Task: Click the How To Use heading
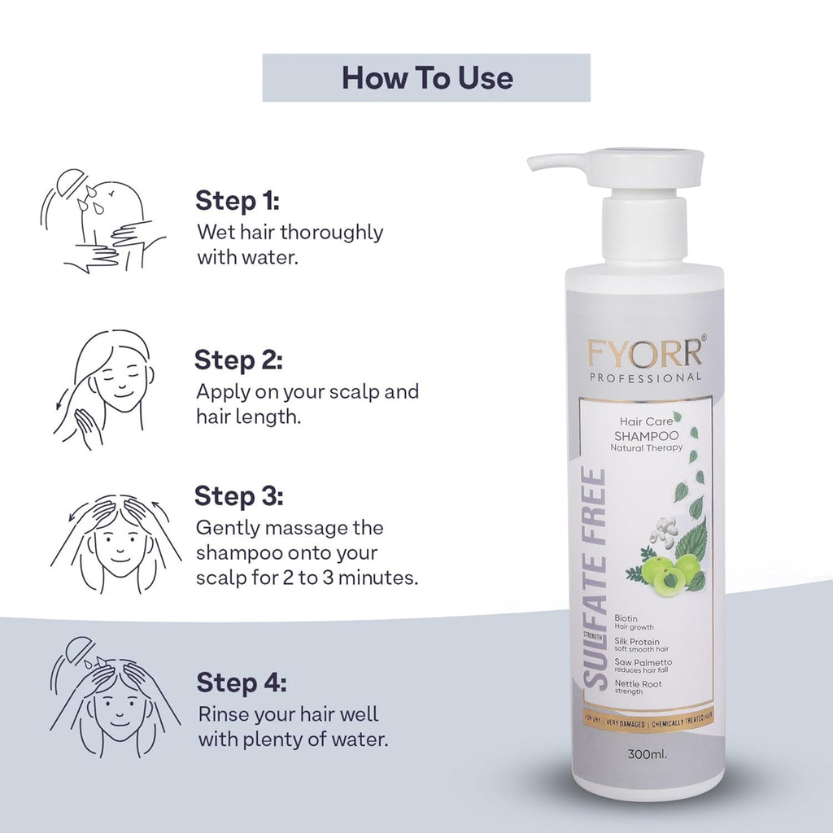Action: pos(426,78)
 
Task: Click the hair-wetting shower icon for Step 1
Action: pos(101,220)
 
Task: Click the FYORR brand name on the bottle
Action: pos(642,354)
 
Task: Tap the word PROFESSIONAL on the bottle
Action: pos(646,377)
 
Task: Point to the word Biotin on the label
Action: pos(626,619)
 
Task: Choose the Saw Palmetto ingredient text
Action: pos(644,662)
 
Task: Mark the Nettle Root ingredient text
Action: pos(639,684)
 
